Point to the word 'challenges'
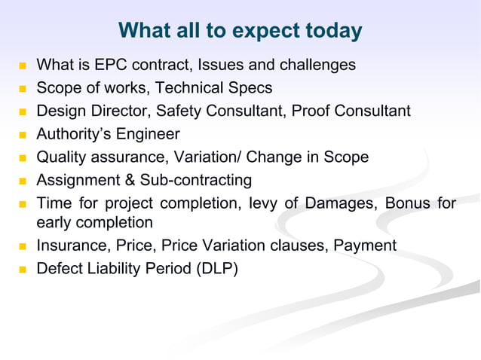(x=320, y=66)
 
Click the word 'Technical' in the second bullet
(x=193, y=89)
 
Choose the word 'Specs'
(x=252, y=89)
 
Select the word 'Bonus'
(x=408, y=203)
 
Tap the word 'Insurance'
(x=69, y=246)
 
